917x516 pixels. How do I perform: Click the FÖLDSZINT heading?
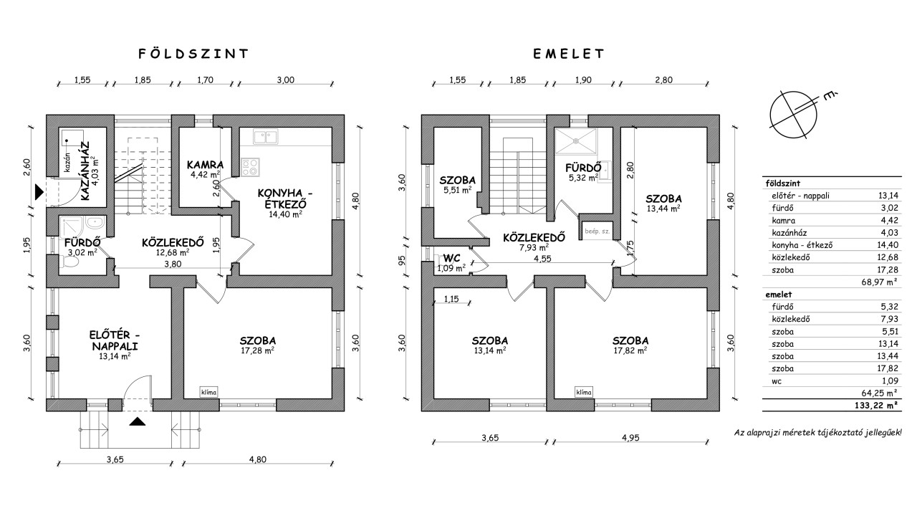coord(193,54)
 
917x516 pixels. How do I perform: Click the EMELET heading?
coord(569,54)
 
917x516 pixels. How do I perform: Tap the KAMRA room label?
coord(205,165)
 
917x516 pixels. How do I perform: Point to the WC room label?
coord(451,259)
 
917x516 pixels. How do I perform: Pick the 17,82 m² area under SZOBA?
coord(630,350)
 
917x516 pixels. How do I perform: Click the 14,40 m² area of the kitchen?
coord(285,214)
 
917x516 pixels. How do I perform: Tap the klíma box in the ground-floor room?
coord(208,392)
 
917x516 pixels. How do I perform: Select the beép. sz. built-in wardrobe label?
coord(597,231)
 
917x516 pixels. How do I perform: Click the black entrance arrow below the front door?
coord(138,421)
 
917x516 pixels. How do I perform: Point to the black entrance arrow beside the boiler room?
coord(39,192)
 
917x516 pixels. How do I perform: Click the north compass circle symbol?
coord(793,115)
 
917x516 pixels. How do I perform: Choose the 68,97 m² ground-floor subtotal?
coord(878,282)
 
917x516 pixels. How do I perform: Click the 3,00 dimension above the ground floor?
coord(285,80)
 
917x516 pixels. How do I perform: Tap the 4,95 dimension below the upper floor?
coord(630,437)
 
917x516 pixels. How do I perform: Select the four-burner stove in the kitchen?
coord(250,167)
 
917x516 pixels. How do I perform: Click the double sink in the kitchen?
coord(265,137)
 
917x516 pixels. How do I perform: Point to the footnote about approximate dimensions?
coord(817,432)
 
